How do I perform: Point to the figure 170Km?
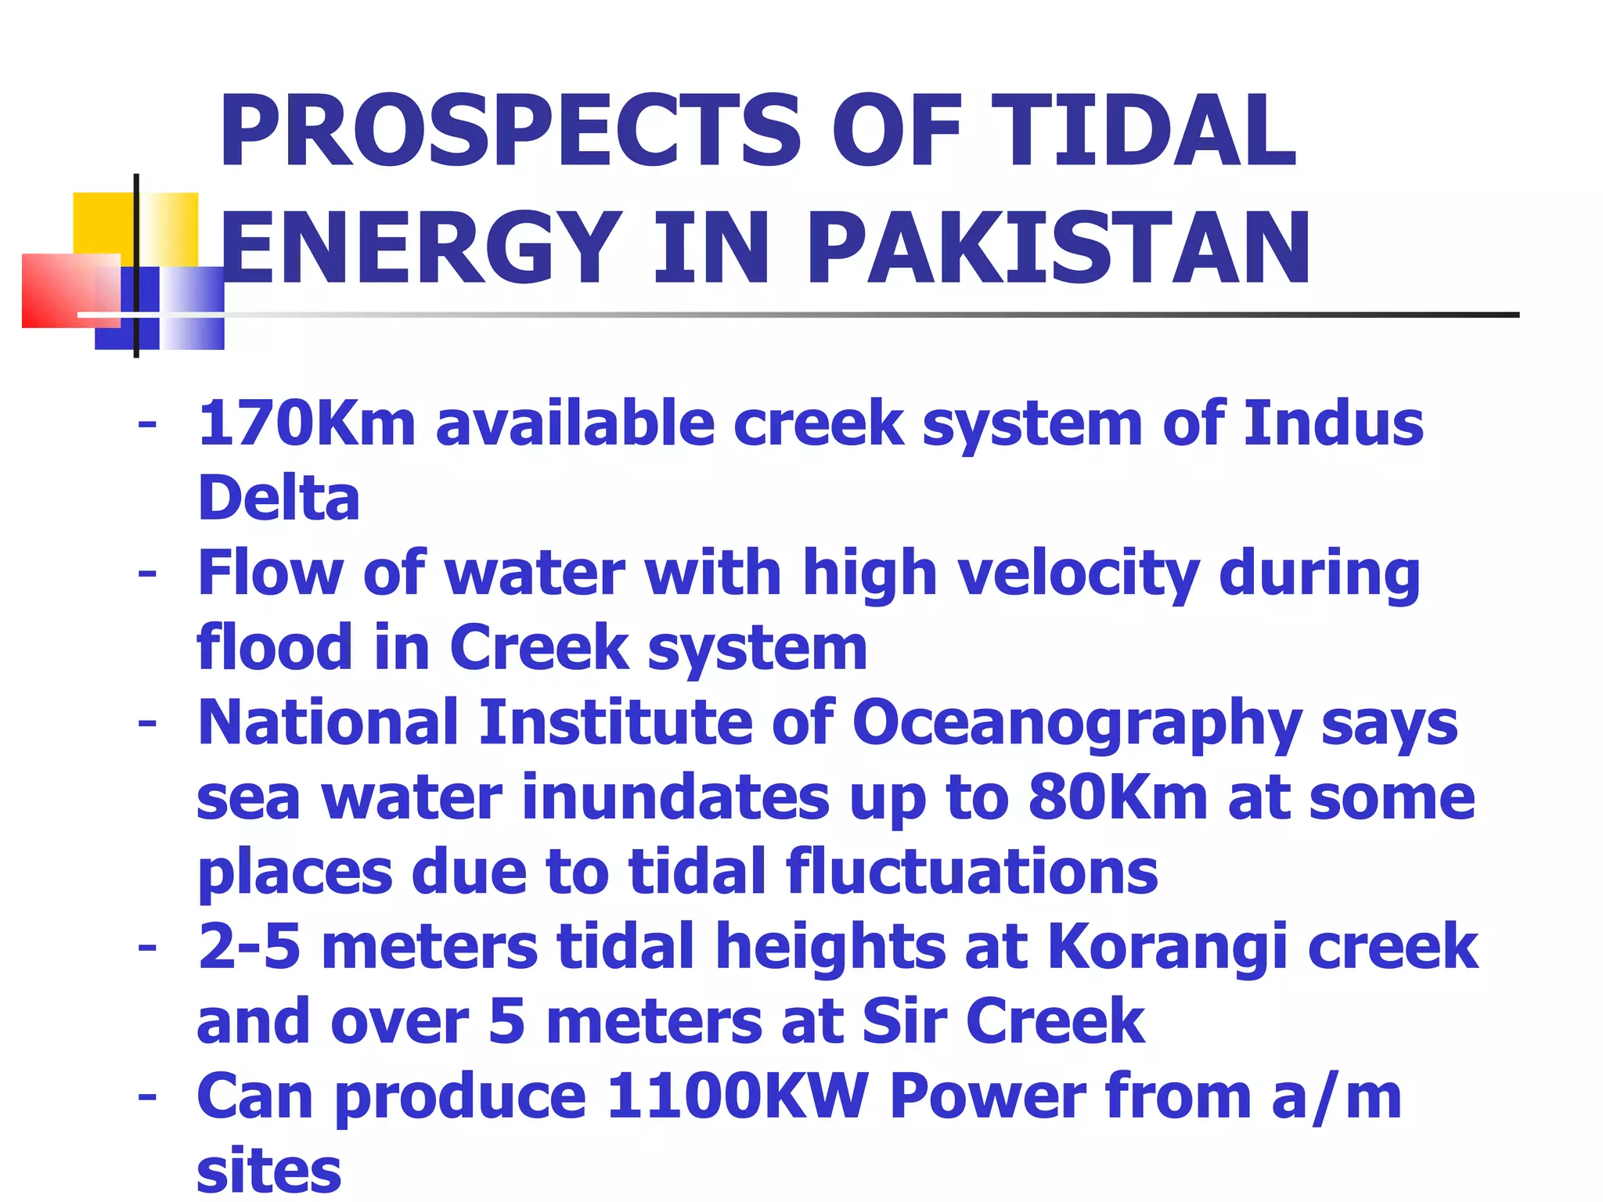[x=306, y=424]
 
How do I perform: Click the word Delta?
[x=279, y=498]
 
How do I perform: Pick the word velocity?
[x=1079, y=574]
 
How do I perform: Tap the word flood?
[x=275, y=648]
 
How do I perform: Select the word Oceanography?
[x=1076, y=724]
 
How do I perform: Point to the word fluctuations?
[x=971, y=872]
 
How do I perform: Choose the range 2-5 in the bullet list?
[x=250, y=946]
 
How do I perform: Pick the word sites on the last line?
[x=269, y=1171]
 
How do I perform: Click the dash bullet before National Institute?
[x=147, y=724]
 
